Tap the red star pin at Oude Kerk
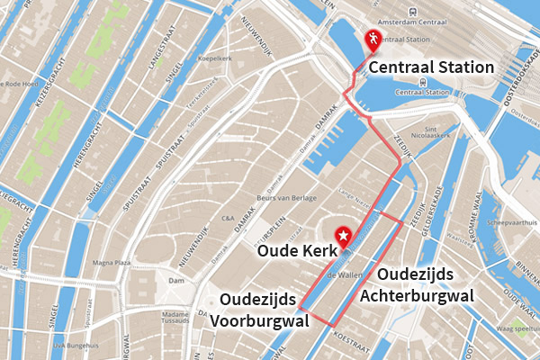pyautogui.click(x=343, y=237)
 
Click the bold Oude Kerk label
pyautogui.click(x=295, y=251)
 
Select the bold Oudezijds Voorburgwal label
pyautogui.click(x=260, y=309)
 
